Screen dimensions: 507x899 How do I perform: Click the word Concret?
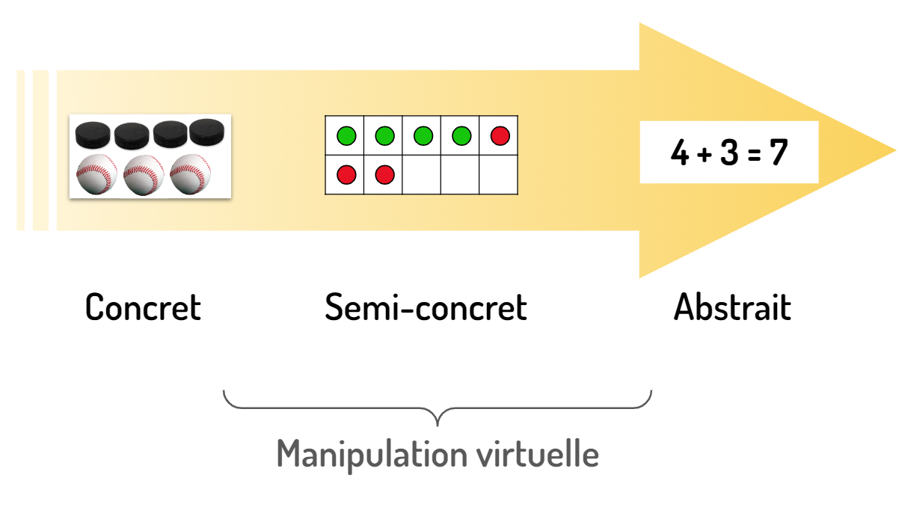tap(143, 307)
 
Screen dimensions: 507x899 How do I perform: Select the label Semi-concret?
tap(426, 307)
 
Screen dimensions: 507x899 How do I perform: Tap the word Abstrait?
tap(732, 307)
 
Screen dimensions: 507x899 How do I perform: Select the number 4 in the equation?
tap(679, 154)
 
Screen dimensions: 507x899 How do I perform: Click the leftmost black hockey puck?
tap(93, 135)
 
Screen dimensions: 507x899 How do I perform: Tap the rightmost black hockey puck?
tap(209, 132)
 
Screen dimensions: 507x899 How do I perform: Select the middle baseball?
tap(144, 173)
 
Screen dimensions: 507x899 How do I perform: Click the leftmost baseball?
tap(97, 173)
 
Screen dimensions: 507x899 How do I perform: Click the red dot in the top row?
tap(500, 136)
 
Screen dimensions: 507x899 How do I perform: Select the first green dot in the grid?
tap(346, 136)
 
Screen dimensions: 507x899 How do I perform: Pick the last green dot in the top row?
tap(461, 136)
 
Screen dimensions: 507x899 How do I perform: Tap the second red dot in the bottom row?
tap(384, 175)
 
